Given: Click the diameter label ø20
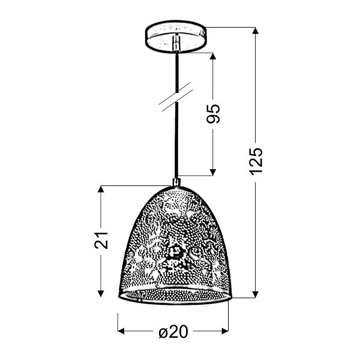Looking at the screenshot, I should coord(174,332).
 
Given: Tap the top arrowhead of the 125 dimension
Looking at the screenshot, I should coord(256,32).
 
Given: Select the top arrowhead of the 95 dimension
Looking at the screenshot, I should coord(213,58).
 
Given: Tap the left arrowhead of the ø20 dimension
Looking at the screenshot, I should coord(122,331).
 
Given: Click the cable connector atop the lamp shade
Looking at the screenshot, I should coord(176,182).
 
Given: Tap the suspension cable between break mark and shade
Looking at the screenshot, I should coord(176,144).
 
